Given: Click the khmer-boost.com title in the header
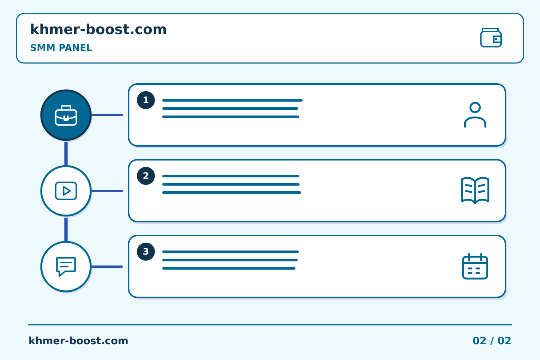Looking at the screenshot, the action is pos(98,29).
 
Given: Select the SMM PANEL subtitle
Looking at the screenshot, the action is pos(61,48).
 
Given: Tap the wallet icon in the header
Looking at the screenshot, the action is pos(491,37).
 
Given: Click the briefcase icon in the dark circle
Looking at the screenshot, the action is pos(66,115).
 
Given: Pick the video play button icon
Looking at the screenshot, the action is pos(66,191).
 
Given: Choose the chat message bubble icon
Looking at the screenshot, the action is pos(66,267).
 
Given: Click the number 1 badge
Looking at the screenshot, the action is pos(146,100).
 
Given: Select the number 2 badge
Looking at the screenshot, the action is pos(146,176).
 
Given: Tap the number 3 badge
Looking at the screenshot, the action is pos(146,252).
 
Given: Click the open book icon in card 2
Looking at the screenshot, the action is pos(475,190).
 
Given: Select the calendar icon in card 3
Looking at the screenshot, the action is pos(475,267).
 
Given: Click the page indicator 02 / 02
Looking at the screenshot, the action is pos(492,341).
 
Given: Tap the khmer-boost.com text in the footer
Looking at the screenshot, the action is pos(78,341).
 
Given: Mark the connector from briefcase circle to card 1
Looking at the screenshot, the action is pos(107,115).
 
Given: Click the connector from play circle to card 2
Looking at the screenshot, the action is pos(107,191).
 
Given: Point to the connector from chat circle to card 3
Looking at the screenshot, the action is pos(107,267).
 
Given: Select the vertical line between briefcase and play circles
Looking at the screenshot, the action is pos(66,154).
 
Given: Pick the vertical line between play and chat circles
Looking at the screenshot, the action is pos(66,229).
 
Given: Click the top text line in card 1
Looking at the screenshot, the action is pos(232,100).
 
